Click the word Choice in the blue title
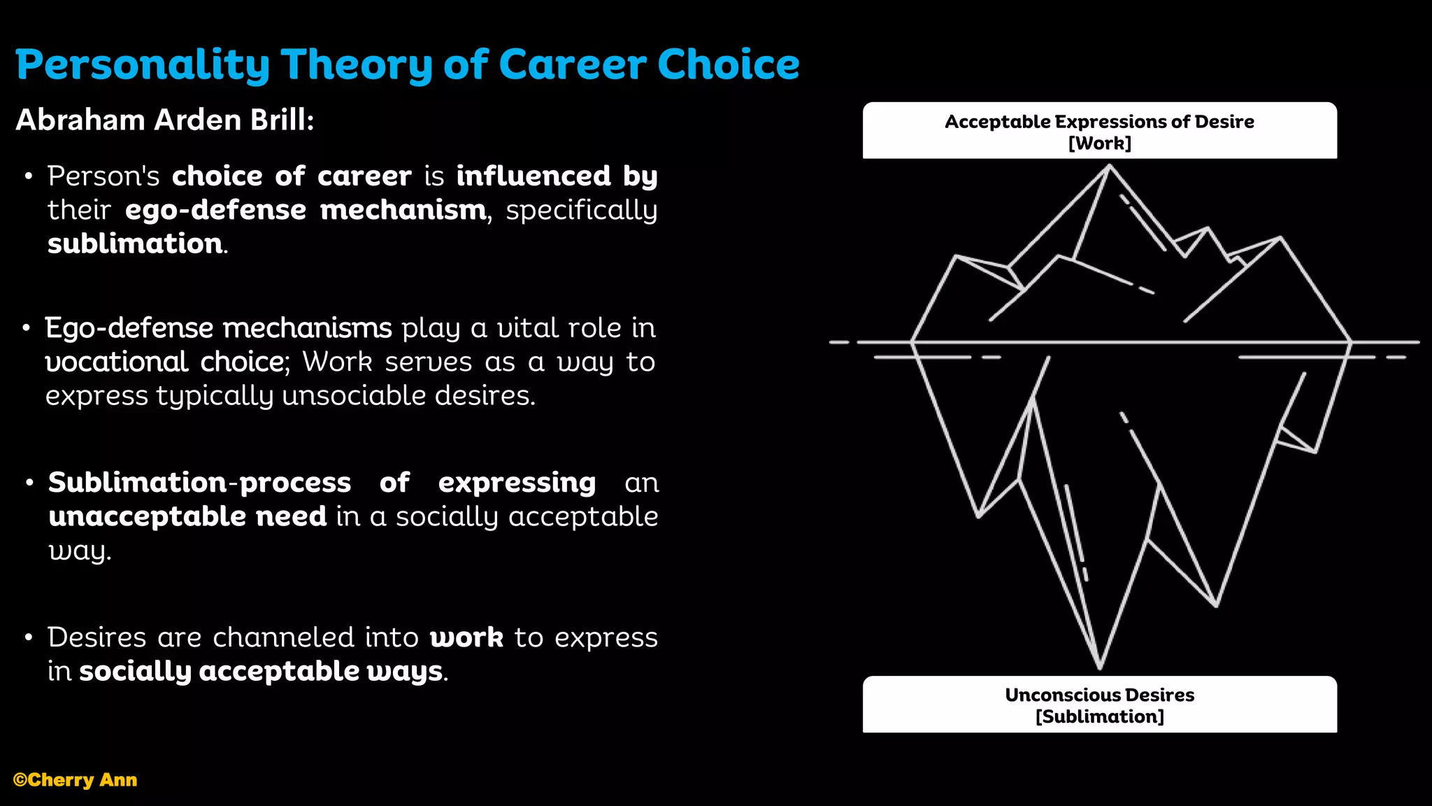click(x=728, y=65)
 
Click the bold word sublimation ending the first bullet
click(x=135, y=243)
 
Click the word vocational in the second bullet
click(x=116, y=362)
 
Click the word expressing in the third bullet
click(x=517, y=483)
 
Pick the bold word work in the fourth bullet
click(x=466, y=637)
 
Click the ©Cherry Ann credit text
click(x=76, y=780)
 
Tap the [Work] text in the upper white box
click(x=1099, y=143)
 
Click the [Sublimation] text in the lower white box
click(x=1099, y=717)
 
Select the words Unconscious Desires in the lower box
click(x=1099, y=695)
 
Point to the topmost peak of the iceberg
click(x=1109, y=166)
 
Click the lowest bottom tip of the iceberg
click(x=1100, y=667)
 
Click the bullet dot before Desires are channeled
click(x=29, y=637)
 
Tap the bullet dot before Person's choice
click(x=29, y=176)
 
